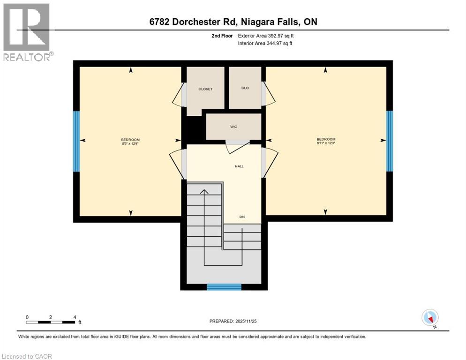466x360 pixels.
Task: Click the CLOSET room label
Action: tap(205, 89)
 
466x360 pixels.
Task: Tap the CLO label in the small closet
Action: tap(245, 88)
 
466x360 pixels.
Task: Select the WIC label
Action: tap(233, 127)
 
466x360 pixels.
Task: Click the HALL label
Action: tap(240, 166)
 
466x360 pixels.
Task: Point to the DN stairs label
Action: tap(242, 217)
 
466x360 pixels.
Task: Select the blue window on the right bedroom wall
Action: tap(389, 141)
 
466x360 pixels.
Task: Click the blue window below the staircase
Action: tap(224, 287)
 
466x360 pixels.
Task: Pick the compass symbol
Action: tap(429, 317)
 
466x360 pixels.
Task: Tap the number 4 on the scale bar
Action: tap(75, 317)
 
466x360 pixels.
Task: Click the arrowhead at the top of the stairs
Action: tap(204, 191)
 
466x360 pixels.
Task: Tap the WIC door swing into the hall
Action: tap(238, 147)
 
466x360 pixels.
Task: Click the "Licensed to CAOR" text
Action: tap(27, 356)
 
